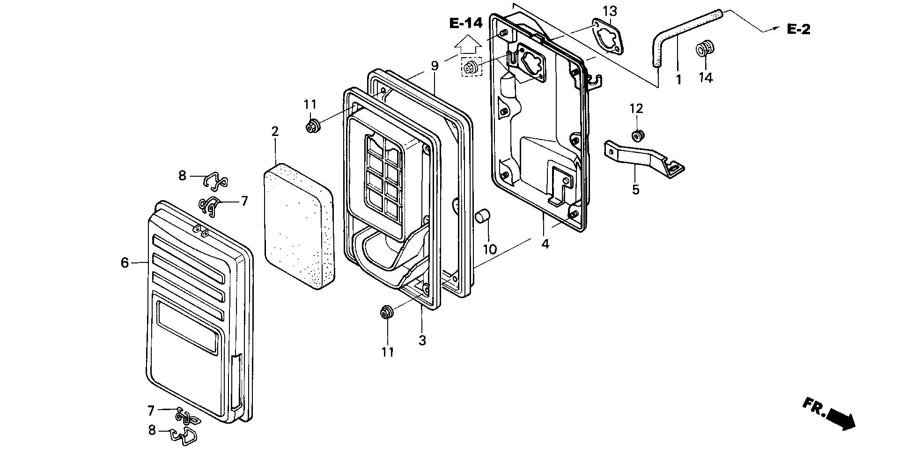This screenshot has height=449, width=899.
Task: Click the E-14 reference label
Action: coord(466,23)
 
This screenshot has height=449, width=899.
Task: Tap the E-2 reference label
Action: coord(798,30)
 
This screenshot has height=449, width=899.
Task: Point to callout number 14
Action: coord(706,78)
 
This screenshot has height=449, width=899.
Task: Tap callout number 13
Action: coord(610,11)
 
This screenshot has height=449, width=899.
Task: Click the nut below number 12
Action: coord(637,136)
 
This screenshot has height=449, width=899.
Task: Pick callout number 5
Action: coord(635,190)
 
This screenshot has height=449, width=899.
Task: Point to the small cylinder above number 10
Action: coord(482,217)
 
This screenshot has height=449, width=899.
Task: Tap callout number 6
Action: coord(125,263)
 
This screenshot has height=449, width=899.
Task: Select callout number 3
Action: coord(422,340)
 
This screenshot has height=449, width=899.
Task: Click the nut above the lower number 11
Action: coord(386,312)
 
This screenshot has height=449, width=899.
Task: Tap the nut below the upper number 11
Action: coord(311,126)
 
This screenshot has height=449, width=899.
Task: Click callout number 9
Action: coord(435,66)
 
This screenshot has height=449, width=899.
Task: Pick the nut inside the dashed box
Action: coord(471,67)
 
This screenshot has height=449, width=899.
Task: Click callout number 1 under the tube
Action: coord(678,80)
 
